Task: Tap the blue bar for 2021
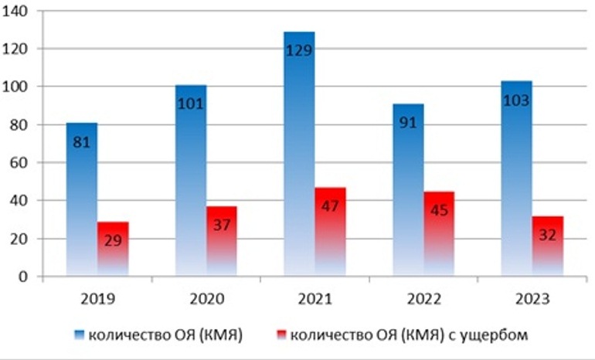pos(298,155)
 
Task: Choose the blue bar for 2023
pos(516,178)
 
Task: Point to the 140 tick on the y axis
pos(17,11)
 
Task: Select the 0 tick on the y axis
pos(24,276)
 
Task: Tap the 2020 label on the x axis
pos(206,297)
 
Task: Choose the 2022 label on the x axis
pos(423,297)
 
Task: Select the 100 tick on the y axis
pos(17,87)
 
